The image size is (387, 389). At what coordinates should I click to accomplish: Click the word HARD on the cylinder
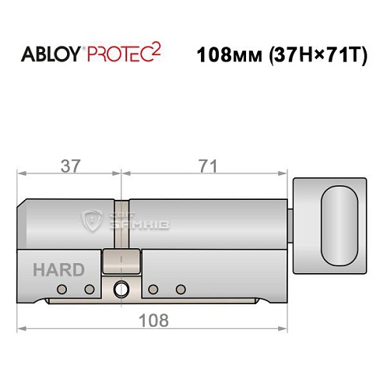[x=58, y=270]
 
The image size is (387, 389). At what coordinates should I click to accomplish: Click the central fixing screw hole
[x=120, y=289]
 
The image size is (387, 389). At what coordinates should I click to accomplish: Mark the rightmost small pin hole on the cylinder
[x=181, y=289]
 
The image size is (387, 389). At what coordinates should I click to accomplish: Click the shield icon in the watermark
[x=95, y=223]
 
